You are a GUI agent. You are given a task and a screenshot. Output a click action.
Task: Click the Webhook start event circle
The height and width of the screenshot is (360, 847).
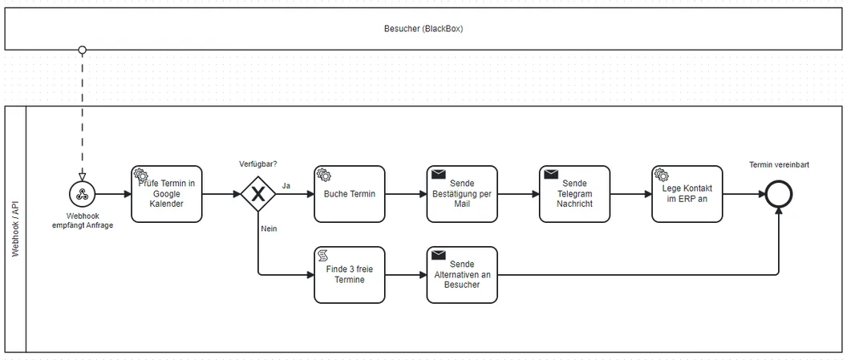(x=82, y=194)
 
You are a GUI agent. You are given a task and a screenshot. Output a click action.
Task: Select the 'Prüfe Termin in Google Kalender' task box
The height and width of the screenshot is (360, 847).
(x=167, y=194)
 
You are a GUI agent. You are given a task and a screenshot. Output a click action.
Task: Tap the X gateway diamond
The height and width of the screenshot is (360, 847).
(x=258, y=194)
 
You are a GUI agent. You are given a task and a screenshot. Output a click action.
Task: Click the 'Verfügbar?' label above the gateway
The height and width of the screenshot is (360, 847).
(x=258, y=164)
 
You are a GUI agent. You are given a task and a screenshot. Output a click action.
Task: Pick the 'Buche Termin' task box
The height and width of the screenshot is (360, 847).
(x=350, y=194)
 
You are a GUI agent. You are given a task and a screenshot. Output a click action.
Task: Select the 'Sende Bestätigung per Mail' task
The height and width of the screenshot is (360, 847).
(x=462, y=194)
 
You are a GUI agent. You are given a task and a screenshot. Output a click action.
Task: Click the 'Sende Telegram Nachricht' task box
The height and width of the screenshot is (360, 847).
(x=575, y=194)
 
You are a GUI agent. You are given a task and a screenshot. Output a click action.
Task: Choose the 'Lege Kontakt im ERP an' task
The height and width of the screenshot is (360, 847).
(x=687, y=194)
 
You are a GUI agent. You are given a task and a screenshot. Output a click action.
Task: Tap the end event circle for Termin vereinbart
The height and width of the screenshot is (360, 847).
(x=778, y=194)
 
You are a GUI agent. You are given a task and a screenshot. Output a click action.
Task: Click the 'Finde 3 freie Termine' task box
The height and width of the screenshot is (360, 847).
(x=350, y=275)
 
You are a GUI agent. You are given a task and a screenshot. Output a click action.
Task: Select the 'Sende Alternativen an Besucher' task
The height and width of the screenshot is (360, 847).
(x=462, y=275)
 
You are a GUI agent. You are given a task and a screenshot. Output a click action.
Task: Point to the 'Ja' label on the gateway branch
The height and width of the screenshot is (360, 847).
(x=286, y=186)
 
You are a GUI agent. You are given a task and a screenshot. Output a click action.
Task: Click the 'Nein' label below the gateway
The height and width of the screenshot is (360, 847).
(x=269, y=229)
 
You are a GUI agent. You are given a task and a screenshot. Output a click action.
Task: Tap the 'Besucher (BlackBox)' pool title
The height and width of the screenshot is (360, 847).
(x=423, y=29)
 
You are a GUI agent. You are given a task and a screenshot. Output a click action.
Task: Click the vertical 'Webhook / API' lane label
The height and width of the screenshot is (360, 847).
(x=15, y=229)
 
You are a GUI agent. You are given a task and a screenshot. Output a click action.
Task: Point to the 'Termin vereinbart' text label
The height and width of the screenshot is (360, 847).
(x=779, y=164)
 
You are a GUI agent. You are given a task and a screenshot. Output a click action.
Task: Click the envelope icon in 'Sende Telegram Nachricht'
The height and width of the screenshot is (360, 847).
(x=550, y=174)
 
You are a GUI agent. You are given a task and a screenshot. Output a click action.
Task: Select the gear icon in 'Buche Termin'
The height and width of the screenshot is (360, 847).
(x=323, y=174)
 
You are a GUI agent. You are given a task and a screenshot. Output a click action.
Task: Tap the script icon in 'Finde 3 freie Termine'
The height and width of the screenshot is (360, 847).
(x=323, y=255)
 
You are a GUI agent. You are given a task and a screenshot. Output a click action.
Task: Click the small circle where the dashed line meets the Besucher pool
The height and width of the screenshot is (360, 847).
(x=82, y=51)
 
